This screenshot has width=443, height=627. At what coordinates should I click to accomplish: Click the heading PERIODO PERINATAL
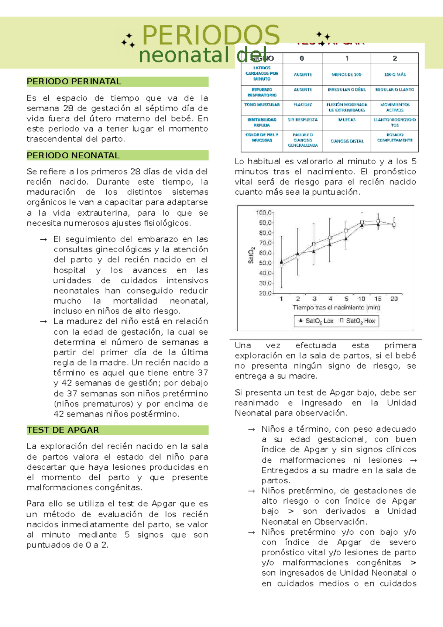coord(74,82)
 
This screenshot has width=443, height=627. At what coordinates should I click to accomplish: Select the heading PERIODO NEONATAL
coord(73,155)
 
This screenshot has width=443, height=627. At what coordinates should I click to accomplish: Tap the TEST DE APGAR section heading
coord(63,430)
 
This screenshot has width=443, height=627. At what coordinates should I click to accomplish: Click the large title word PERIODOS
coord(211,35)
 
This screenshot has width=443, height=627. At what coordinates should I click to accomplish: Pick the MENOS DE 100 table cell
coord(346,75)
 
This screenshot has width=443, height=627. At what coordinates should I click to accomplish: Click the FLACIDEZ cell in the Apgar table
coord(302,105)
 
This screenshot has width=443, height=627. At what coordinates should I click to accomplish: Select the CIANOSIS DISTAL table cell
coord(347,141)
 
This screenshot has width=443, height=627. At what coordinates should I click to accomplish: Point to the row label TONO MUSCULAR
coord(262,105)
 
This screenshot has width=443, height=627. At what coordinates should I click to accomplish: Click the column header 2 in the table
coord(395,58)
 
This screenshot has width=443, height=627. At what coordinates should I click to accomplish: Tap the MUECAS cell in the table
coord(347,120)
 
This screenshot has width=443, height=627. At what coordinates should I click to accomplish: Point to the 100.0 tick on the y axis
coord(264,213)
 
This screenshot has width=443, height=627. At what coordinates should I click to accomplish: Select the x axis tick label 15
coord(378,299)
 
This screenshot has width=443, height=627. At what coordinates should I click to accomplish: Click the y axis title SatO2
coord(251,255)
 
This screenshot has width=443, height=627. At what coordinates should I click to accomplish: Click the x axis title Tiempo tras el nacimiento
coord(336,308)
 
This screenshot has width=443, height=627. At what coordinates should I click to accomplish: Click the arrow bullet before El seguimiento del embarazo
coord(44,240)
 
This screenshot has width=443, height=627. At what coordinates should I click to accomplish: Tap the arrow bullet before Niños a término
coord(251,429)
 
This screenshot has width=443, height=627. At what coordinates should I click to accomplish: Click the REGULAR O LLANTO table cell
coord(395,90)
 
